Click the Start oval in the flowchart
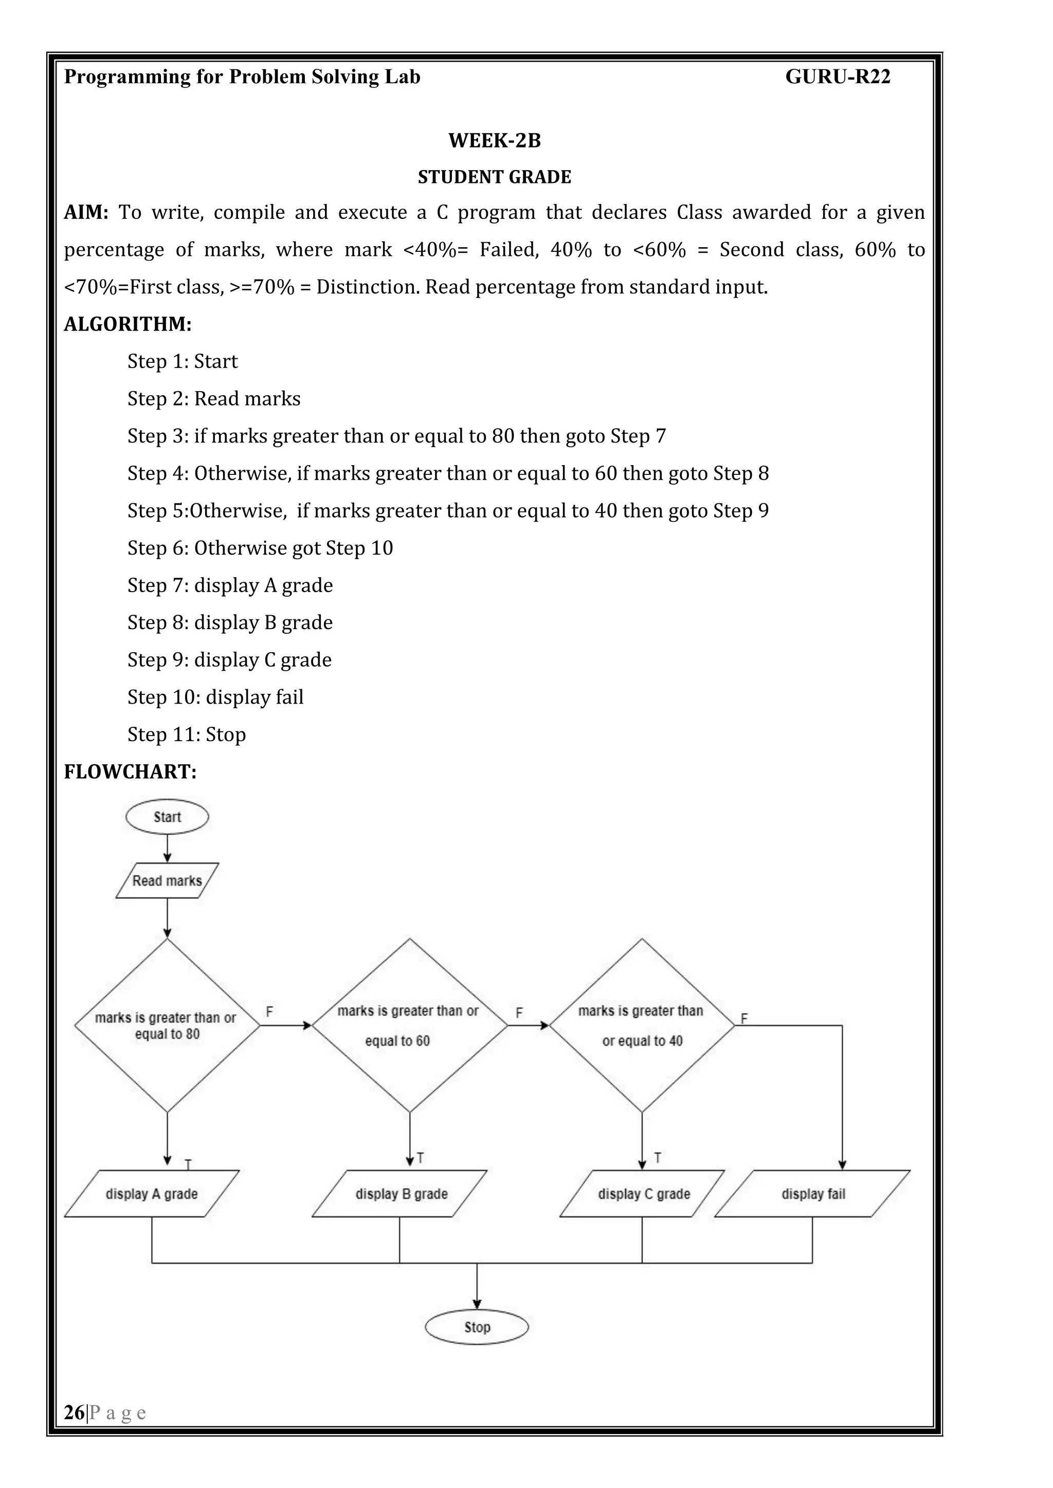pyautogui.click(x=167, y=817)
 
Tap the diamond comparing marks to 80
pyautogui.click(x=167, y=1025)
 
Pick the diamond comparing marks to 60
pyautogui.click(x=409, y=1025)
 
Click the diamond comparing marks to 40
pyautogui.click(x=642, y=1025)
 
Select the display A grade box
pyautogui.click(x=152, y=1194)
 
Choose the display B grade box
pyautogui.click(x=400, y=1194)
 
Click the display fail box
pyautogui.click(x=812, y=1194)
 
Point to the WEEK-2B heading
pyautogui.click(x=494, y=141)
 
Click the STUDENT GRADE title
pyautogui.click(x=494, y=177)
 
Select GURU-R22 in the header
pyautogui.click(x=838, y=77)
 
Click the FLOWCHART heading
pyautogui.click(x=130, y=772)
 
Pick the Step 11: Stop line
pyautogui.click(x=187, y=734)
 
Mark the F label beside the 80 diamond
pyautogui.click(x=269, y=1012)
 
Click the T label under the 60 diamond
pyautogui.click(x=420, y=1158)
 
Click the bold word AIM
pyautogui.click(x=85, y=213)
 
